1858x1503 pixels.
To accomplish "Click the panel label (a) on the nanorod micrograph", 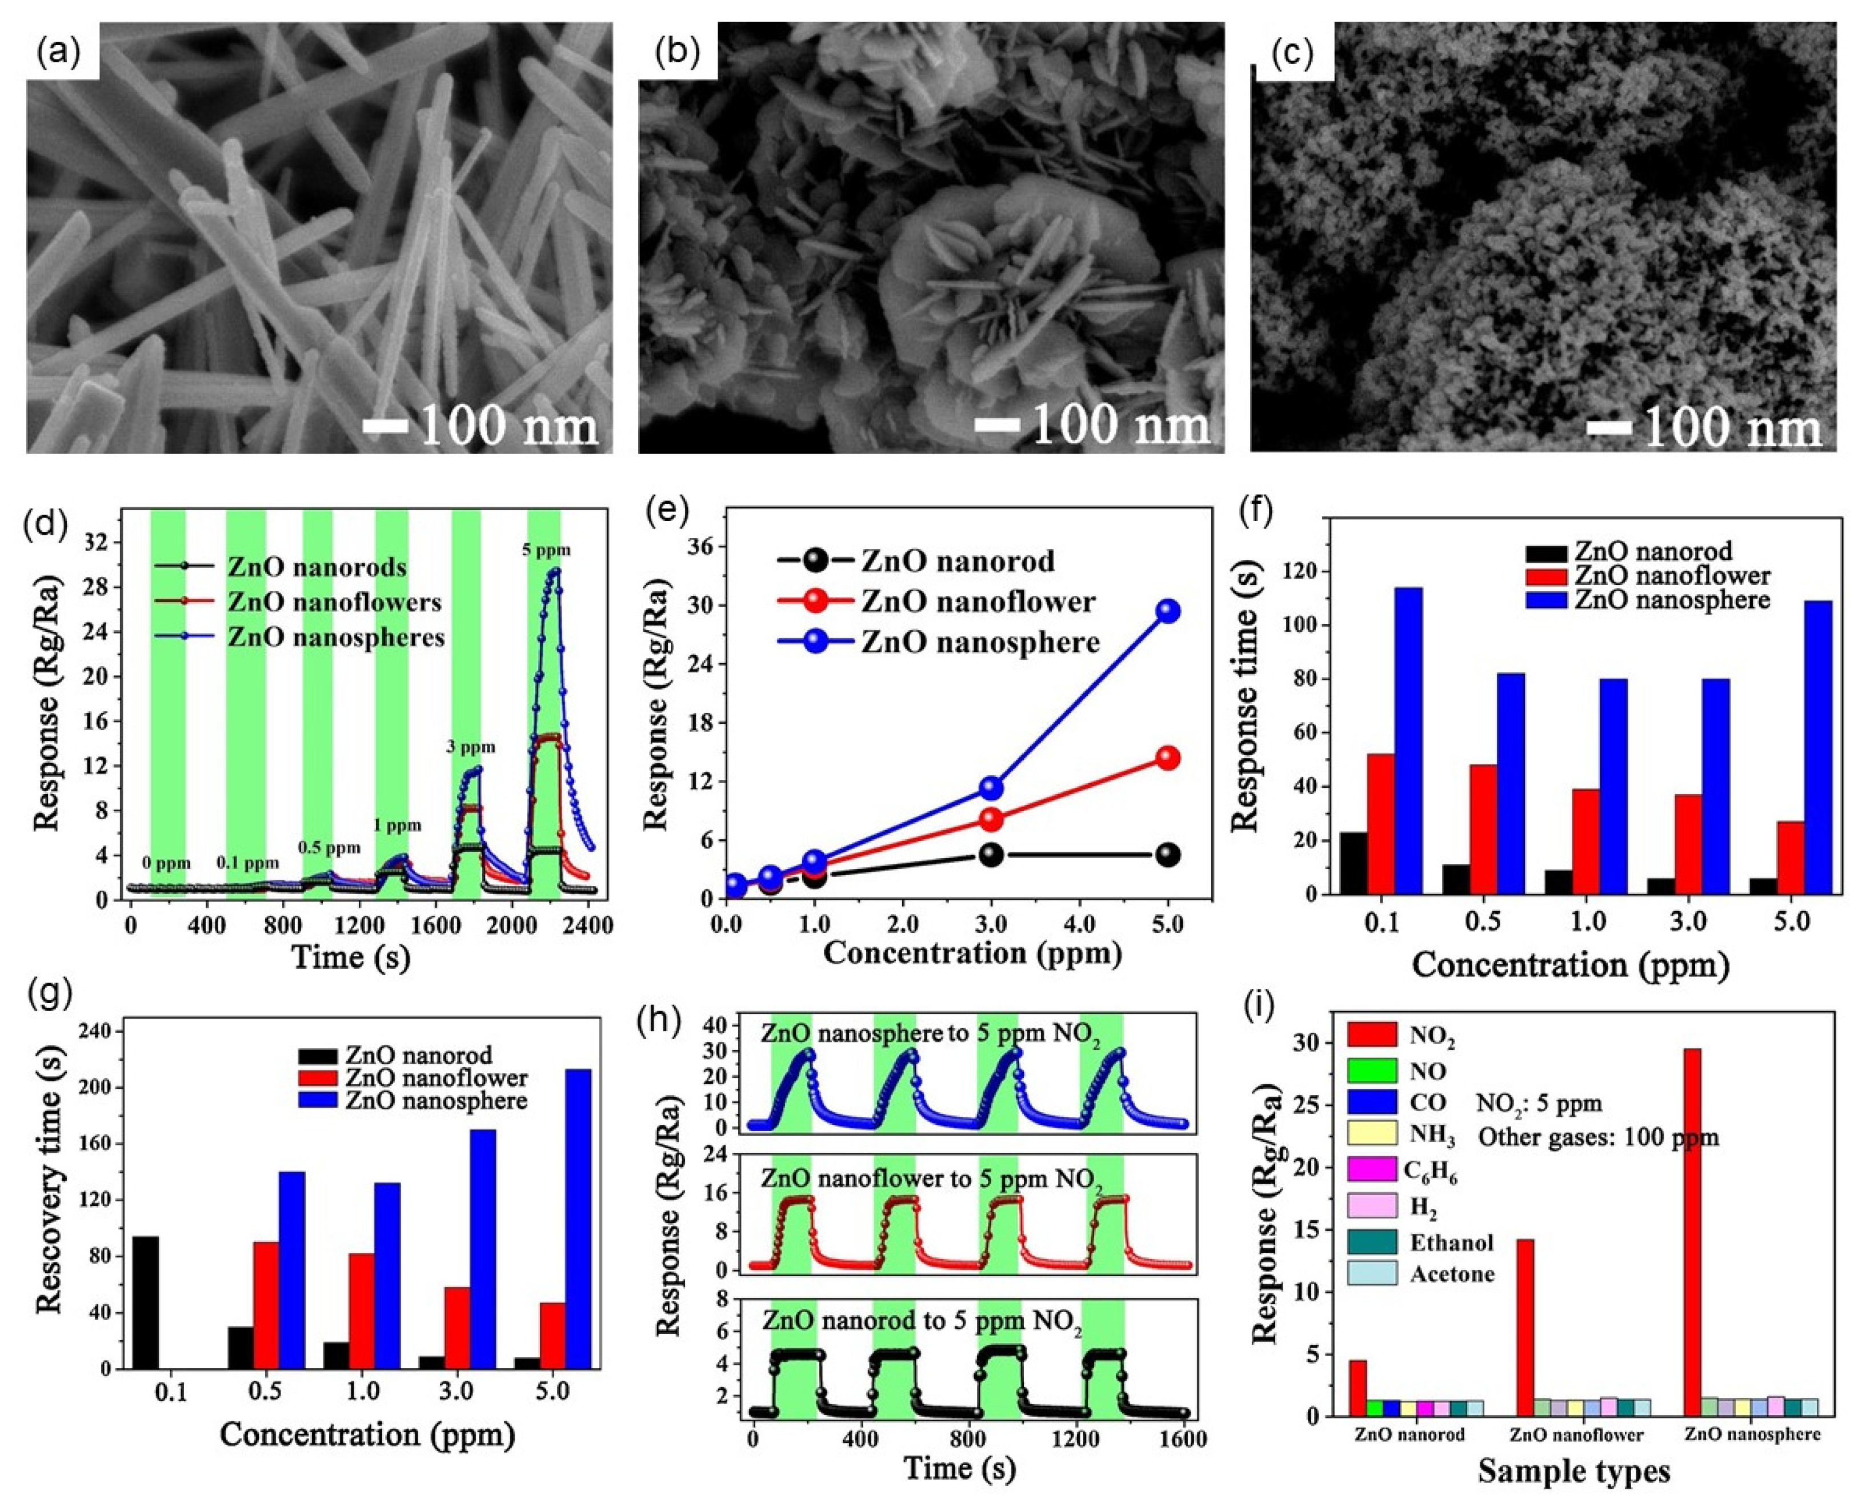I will point(59,54).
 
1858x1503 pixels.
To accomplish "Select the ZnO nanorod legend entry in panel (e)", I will point(956,561).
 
